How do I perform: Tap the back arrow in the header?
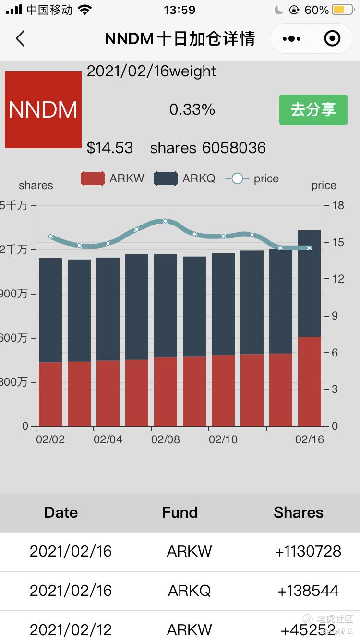click(20, 38)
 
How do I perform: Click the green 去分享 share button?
click(313, 110)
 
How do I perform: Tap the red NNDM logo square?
click(43, 110)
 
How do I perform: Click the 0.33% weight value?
click(192, 110)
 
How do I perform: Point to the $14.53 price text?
click(110, 148)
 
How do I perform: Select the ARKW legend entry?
click(112, 178)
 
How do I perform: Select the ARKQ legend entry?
click(185, 178)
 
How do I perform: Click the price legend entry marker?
click(237, 178)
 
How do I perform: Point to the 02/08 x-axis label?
click(166, 439)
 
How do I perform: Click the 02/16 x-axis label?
click(310, 439)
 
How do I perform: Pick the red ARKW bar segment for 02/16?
click(310, 381)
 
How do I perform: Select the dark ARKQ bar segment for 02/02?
click(50, 309)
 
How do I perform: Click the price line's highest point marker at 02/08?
click(166, 221)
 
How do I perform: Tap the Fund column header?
click(180, 512)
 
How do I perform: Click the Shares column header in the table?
click(298, 512)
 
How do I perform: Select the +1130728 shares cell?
click(308, 551)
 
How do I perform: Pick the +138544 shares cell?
click(308, 591)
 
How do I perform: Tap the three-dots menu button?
click(292, 38)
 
